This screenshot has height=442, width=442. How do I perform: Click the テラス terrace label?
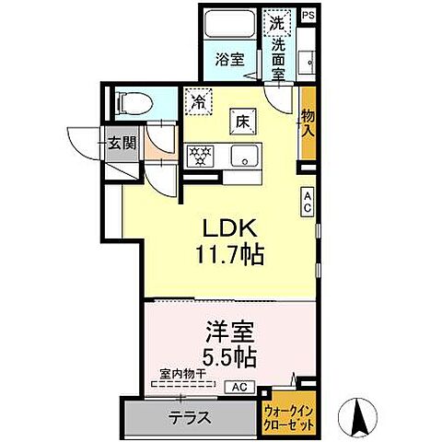[189, 417]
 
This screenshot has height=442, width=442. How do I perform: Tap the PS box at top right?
[308, 16]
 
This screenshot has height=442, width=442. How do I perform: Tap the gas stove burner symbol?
[200, 155]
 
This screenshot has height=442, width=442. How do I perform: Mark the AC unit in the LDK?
[308, 201]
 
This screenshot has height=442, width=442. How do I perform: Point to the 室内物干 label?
[180, 373]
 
